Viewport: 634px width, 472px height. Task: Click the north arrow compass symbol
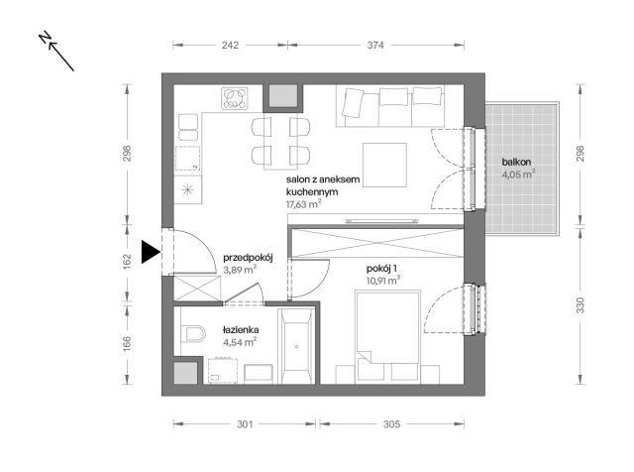click(56, 52)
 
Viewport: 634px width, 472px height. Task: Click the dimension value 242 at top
click(230, 45)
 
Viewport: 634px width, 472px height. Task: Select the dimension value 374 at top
click(376, 45)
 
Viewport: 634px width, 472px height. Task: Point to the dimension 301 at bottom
click(245, 424)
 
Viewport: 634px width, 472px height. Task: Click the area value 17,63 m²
click(302, 204)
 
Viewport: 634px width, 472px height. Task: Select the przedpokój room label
click(247, 254)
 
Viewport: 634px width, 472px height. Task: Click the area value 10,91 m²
click(381, 281)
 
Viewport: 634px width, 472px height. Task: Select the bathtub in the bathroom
click(296, 347)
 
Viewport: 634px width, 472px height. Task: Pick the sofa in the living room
click(389, 107)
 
